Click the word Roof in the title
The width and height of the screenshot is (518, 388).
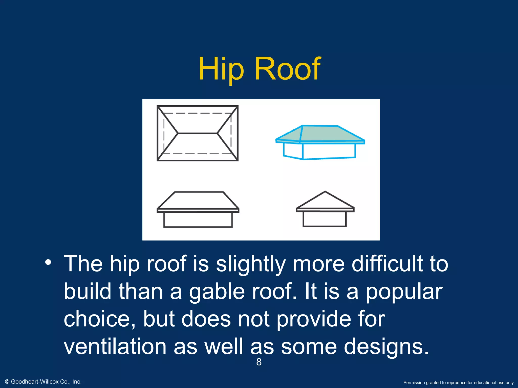(288, 69)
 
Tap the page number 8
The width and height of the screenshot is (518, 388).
(259, 362)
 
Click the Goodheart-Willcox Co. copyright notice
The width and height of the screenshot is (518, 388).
(43, 382)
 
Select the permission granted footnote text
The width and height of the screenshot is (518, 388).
(458, 383)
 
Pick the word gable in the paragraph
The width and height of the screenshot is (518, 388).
(217, 292)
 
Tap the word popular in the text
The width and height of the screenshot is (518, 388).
(404, 292)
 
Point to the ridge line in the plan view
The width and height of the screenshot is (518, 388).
(198, 133)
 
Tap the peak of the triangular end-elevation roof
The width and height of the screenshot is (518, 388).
(325, 192)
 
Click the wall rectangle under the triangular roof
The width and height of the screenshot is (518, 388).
(325, 219)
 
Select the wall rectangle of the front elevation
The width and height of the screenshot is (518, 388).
(198, 220)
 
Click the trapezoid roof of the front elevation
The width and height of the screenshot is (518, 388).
(198, 200)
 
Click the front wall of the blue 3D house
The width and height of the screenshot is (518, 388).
(329, 151)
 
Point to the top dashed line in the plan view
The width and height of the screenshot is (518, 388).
(198, 113)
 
